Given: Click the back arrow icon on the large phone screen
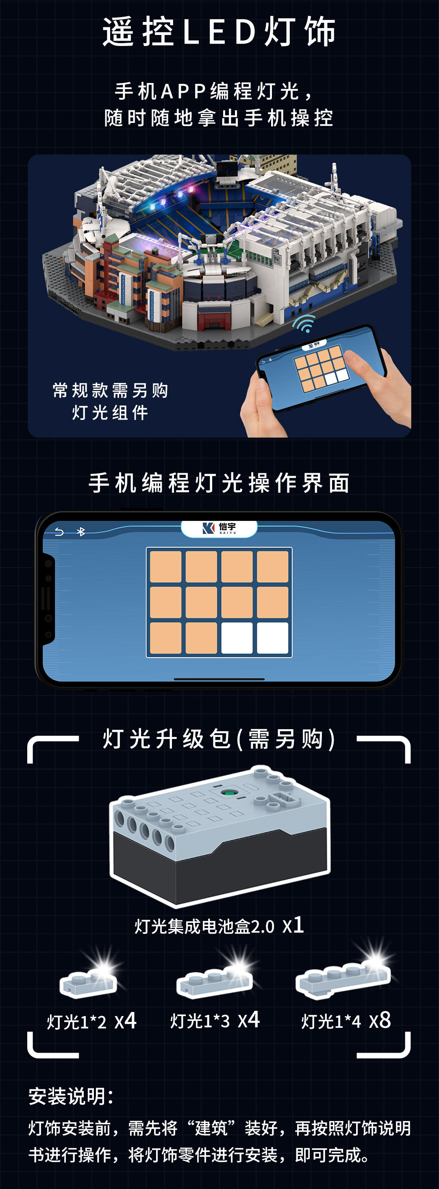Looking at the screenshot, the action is (59, 532).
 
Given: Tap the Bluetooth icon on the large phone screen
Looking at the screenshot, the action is (81, 532).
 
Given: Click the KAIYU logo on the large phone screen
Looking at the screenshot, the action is (219, 528).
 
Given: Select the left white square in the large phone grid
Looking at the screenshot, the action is (237, 638).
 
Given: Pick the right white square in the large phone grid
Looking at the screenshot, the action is (272, 638).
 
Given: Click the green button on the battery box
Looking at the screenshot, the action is (228, 793).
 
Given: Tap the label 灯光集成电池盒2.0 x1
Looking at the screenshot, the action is (219, 925).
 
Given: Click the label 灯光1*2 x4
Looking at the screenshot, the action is (91, 1021).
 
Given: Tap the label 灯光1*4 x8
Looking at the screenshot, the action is (346, 1021).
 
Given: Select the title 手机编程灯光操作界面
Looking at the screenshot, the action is (219, 483).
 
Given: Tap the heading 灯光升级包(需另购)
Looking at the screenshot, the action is (219, 739).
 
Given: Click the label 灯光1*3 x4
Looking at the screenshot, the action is (215, 1020).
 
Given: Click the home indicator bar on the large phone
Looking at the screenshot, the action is (219, 680).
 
